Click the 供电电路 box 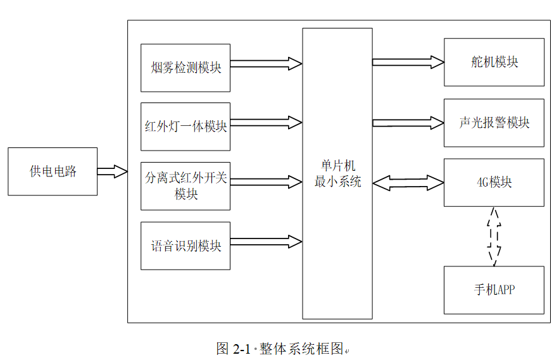click(53, 171)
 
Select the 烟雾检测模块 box click(185, 68)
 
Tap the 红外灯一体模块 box click(185, 127)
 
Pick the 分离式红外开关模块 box click(185, 186)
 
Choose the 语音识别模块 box click(185, 245)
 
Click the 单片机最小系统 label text click(337, 174)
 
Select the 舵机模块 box click(494, 62)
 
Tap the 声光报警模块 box click(494, 123)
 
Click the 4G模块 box click(494, 182)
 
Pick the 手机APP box click(494, 290)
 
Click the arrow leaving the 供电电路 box click(112, 171)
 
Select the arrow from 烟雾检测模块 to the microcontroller click(266, 63)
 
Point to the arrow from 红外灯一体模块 click(266, 123)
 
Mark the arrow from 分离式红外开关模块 click(266, 182)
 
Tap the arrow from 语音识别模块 click(266, 242)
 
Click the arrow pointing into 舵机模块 click(408, 62)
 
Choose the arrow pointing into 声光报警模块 click(408, 122)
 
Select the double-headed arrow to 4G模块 click(408, 183)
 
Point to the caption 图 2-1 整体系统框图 click(282, 349)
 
